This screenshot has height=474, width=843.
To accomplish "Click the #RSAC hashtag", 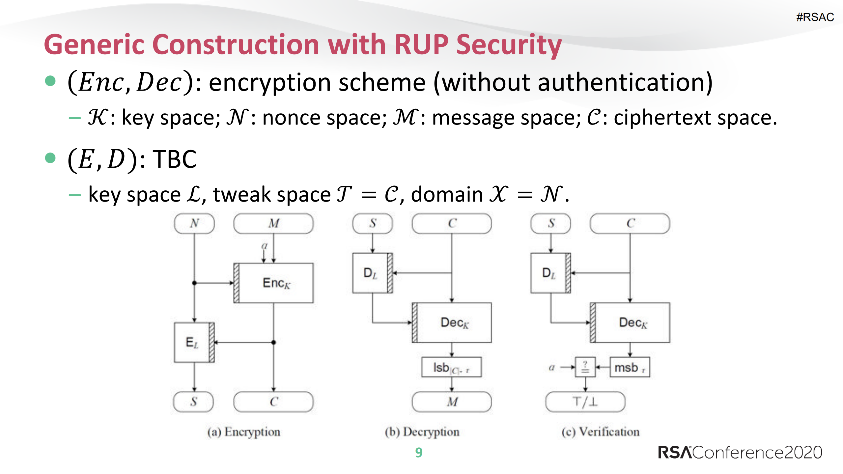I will coord(815,17).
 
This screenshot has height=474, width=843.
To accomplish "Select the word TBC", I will coord(174,159).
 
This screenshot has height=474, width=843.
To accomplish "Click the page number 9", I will coord(418,453).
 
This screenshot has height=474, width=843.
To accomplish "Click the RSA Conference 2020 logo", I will coord(740,453).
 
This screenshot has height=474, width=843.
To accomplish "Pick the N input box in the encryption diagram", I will coord(194,223).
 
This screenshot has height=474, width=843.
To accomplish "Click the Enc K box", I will coord(276,283).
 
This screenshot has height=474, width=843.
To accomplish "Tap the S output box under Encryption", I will coord(194,402).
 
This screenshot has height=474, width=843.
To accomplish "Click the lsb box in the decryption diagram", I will coord(451,367).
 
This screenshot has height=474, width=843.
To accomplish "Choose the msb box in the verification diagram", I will coord(630,367).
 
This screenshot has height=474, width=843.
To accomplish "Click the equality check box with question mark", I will coord(585,367).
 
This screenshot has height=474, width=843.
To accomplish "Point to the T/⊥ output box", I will coord(585,402).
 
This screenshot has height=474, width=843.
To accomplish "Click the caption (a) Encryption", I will coord(244,432).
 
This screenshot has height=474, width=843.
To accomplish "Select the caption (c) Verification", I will coord(600,432).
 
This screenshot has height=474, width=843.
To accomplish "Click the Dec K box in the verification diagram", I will coord(632,322).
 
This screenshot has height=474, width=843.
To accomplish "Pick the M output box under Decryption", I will coord(452,402).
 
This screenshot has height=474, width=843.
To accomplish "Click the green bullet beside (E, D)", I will coord(50,158).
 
